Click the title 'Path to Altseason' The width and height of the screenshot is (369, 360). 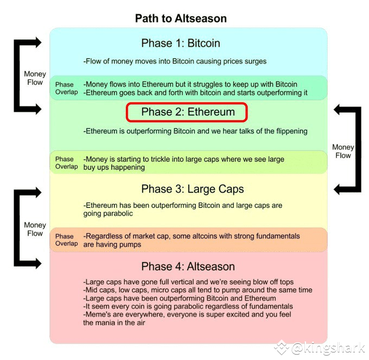[181, 18]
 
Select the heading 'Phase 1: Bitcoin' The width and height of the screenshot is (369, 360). [181, 43]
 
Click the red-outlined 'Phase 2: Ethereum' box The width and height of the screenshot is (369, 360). [187, 112]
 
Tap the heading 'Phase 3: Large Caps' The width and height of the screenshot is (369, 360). [193, 189]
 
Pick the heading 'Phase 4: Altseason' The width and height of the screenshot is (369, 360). [188, 267]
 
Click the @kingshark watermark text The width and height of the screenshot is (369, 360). [328, 348]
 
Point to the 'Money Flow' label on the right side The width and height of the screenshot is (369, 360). [343, 151]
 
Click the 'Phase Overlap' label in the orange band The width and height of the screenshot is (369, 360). [66, 239]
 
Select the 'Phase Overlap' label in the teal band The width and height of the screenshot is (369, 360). [66, 88]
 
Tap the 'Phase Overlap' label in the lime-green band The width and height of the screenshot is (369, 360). [66, 163]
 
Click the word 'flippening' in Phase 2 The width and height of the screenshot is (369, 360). [292, 131]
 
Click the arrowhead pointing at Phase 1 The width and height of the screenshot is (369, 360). [37, 42]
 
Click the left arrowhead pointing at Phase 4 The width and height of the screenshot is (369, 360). [37, 263]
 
